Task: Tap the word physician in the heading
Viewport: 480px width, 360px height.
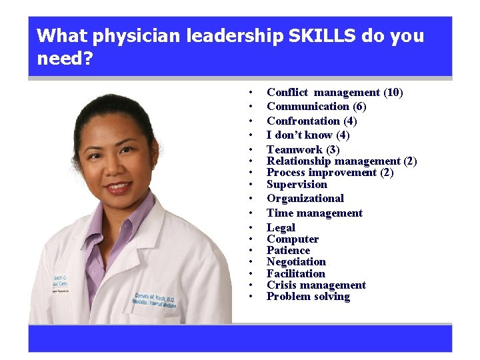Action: click(x=141, y=36)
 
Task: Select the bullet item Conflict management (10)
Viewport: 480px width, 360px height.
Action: click(x=335, y=93)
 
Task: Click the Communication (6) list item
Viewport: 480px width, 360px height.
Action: click(x=317, y=107)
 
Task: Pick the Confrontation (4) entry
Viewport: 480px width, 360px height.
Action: click(x=311, y=121)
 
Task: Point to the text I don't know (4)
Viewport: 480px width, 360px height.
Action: click(x=308, y=135)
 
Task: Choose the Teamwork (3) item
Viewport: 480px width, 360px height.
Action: click(x=303, y=150)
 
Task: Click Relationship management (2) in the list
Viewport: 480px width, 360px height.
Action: click(x=341, y=161)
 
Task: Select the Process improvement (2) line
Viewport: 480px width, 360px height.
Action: click(x=330, y=173)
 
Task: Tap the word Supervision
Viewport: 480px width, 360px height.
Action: click(x=297, y=185)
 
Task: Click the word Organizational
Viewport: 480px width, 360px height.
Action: click(x=305, y=199)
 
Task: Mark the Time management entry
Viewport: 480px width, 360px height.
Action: click(x=315, y=213)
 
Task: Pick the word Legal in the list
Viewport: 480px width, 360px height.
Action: click(x=281, y=228)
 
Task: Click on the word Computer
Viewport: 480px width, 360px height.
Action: click(x=293, y=239)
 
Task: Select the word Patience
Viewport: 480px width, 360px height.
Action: click(x=288, y=251)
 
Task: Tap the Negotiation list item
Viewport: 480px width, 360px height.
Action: click(x=296, y=262)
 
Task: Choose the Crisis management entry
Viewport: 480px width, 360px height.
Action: click(x=316, y=285)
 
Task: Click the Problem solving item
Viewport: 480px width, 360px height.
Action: click(x=308, y=297)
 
